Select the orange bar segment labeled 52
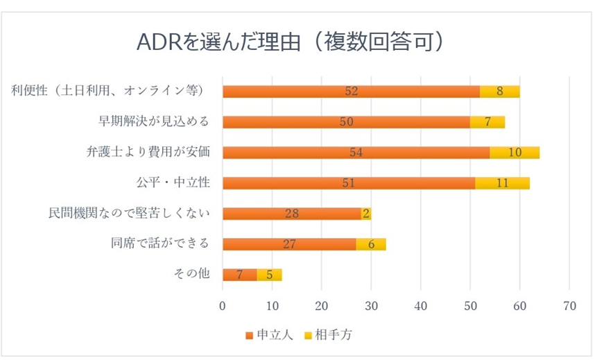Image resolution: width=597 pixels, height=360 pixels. pyautogui.click(x=351, y=92)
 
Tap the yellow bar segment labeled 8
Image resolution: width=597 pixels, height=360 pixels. pyautogui.click(x=499, y=92)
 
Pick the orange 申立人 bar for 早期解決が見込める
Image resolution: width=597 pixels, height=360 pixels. pyautogui.click(x=346, y=122)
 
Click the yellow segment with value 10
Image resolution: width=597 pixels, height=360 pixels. pyautogui.click(x=514, y=153)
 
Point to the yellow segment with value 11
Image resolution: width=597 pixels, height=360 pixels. pyautogui.click(x=502, y=183)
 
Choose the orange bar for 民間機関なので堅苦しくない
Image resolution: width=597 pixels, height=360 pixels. pyautogui.click(x=292, y=214)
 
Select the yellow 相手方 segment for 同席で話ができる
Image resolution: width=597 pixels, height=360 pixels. pyautogui.click(x=371, y=244)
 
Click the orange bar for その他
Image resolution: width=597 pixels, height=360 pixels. pyautogui.click(x=239, y=275)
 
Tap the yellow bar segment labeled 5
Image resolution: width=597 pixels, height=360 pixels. pyautogui.click(x=269, y=275)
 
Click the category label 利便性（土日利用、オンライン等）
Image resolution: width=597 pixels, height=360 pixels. pyautogui.click(x=107, y=90)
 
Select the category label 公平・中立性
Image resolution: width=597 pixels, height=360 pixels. pyautogui.click(x=173, y=182)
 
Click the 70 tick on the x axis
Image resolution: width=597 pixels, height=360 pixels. pyautogui.click(x=569, y=306)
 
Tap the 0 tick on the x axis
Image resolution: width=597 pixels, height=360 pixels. pyautogui.click(x=223, y=306)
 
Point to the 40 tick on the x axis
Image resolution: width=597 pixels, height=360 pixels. pyautogui.click(x=421, y=306)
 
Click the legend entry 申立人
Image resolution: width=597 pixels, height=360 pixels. pyautogui.click(x=270, y=334)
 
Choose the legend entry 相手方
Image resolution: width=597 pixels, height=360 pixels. pyautogui.click(x=334, y=334)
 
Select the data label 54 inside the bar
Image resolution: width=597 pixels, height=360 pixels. pyautogui.click(x=356, y=153)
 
